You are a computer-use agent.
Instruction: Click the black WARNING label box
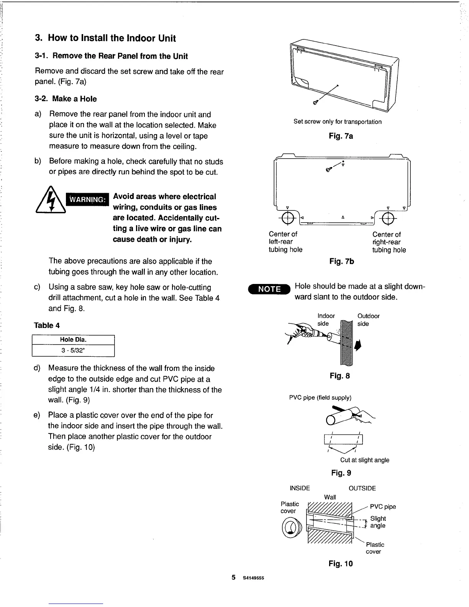point(88,199)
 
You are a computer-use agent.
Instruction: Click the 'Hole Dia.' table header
point(73,340)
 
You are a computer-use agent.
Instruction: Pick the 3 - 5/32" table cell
point(73,351)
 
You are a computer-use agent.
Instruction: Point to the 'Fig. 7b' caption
point(342,261)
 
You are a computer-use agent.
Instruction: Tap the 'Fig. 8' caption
point(340,376)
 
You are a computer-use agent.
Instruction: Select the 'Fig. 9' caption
point(341,473)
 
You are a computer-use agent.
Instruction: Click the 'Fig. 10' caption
point(341,564)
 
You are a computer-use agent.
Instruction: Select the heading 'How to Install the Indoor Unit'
point(105,38)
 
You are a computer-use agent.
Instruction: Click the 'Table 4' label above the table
point(47,325)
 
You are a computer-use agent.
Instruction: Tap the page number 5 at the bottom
point(233,578)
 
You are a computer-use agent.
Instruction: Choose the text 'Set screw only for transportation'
point(338,122)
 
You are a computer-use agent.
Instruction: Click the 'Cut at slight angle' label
point(364,460)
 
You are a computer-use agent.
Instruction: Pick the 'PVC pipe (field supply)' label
point(320,398)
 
